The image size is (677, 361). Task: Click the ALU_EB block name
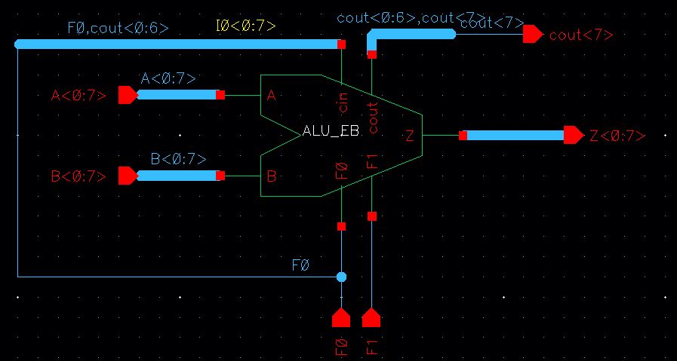coord(330,130)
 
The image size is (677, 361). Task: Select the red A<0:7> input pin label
coord(78,96)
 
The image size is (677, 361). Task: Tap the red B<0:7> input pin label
coord(78,176)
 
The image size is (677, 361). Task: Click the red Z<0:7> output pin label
coord(617,136)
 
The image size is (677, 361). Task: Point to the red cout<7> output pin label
coord(580,35)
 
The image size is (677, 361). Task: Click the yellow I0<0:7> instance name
coord(245,27)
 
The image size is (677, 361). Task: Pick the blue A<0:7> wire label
coord(168,78)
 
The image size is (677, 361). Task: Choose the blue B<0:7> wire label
coord(178,159)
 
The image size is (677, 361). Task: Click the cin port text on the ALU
coord(343,102)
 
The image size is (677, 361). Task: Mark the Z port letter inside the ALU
coord(409,136)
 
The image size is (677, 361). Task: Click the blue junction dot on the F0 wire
coord(341,277)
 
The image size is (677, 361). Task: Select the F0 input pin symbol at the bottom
coord(341,317)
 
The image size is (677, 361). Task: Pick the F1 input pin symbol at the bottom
coord(371,317)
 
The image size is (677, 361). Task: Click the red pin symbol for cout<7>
coord(532,34)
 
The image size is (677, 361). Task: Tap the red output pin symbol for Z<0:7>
coord(574,136)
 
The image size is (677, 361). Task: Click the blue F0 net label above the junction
coord(300,266)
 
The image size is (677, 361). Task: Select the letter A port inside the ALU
coord(272,96)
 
